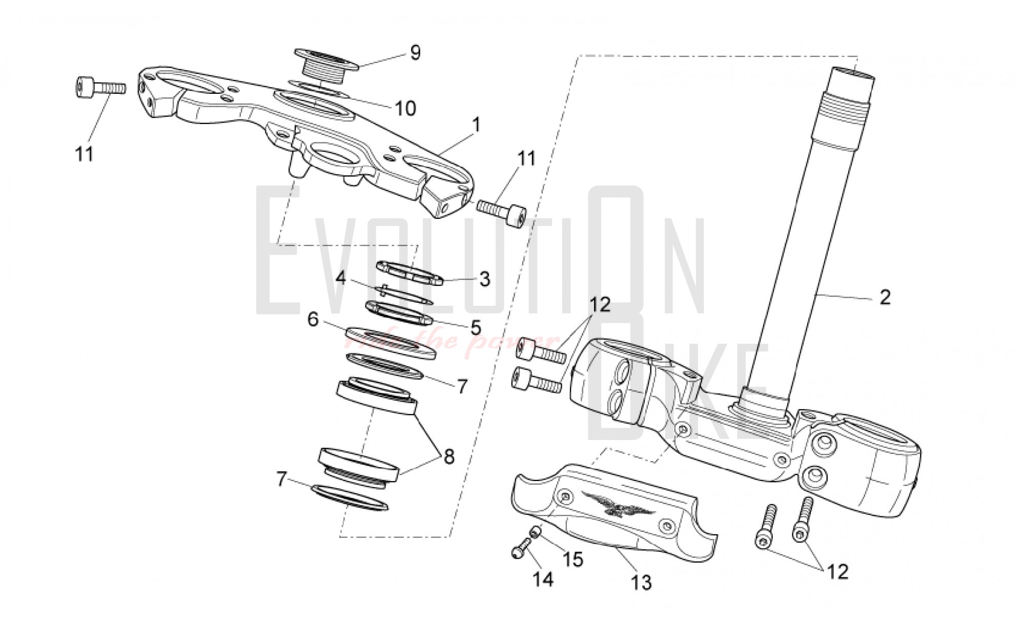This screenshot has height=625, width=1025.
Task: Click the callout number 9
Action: [415, 52]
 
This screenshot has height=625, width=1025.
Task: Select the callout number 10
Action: [405, 108]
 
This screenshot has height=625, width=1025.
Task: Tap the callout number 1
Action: [477, 124]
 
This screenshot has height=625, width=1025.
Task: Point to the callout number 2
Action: [885, 298]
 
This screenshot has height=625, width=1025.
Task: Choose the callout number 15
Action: [573, 559]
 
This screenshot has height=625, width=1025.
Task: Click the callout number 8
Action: [449, 456]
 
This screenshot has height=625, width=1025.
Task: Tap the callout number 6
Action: [313, 320]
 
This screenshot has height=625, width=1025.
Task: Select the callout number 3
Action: [484, 279]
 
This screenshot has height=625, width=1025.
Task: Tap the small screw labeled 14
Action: [521, 549]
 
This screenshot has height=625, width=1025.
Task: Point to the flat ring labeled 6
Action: [391, 342]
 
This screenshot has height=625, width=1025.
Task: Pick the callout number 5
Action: [475, 326]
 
